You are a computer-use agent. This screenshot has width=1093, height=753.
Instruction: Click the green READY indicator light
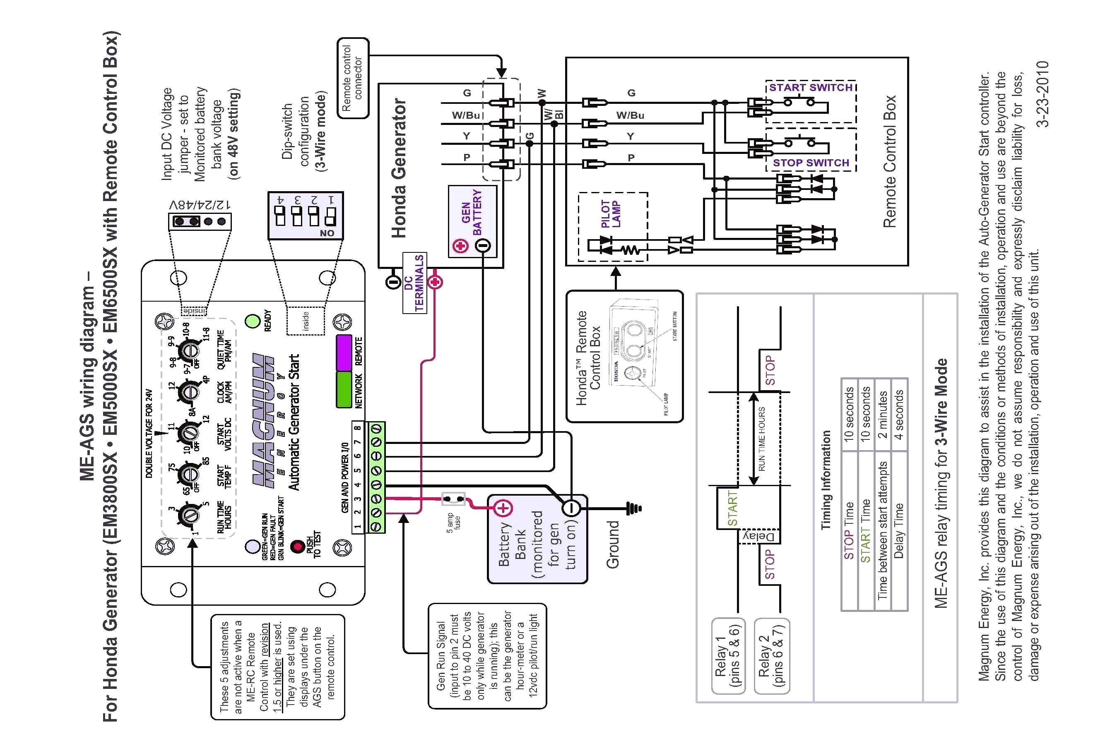pyautogui.click(x=253, y=321)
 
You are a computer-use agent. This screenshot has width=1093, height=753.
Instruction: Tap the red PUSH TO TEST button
pyautogui.click(x=297, y=547)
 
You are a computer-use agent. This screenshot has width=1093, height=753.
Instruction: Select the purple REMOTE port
pyautogui.click(x=344, y=353)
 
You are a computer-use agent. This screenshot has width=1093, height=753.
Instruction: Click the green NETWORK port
pyautogui.click(x=344, y=389)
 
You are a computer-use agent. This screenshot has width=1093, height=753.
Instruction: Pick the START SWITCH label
pyautogui.click(x=811, y=88)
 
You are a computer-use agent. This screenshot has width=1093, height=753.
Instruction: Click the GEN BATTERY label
pyautogui.click(x=472, y=212)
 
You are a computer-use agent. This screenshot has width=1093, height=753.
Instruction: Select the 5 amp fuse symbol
pyautogui.click(x=453, y=499)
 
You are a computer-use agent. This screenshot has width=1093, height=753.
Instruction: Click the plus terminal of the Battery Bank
pyautogui.click(x=503, y=508)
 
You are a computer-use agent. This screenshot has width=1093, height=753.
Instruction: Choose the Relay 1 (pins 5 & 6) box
pyautogui.click(x=727, y=656)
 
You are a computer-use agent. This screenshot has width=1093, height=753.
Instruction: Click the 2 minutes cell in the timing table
pyautogui.click(x=882, y=415)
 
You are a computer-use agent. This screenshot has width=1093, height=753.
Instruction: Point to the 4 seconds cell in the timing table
pyautogui.click(x=898, y=415)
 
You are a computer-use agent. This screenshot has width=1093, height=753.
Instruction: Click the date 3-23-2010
pyautogui.click(x=1042, y=94)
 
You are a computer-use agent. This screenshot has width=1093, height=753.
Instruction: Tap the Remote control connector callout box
pyautogui.click(x=353, y=78)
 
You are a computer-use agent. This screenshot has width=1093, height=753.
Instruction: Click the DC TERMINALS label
pyautogui.click(x=414, y=283)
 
